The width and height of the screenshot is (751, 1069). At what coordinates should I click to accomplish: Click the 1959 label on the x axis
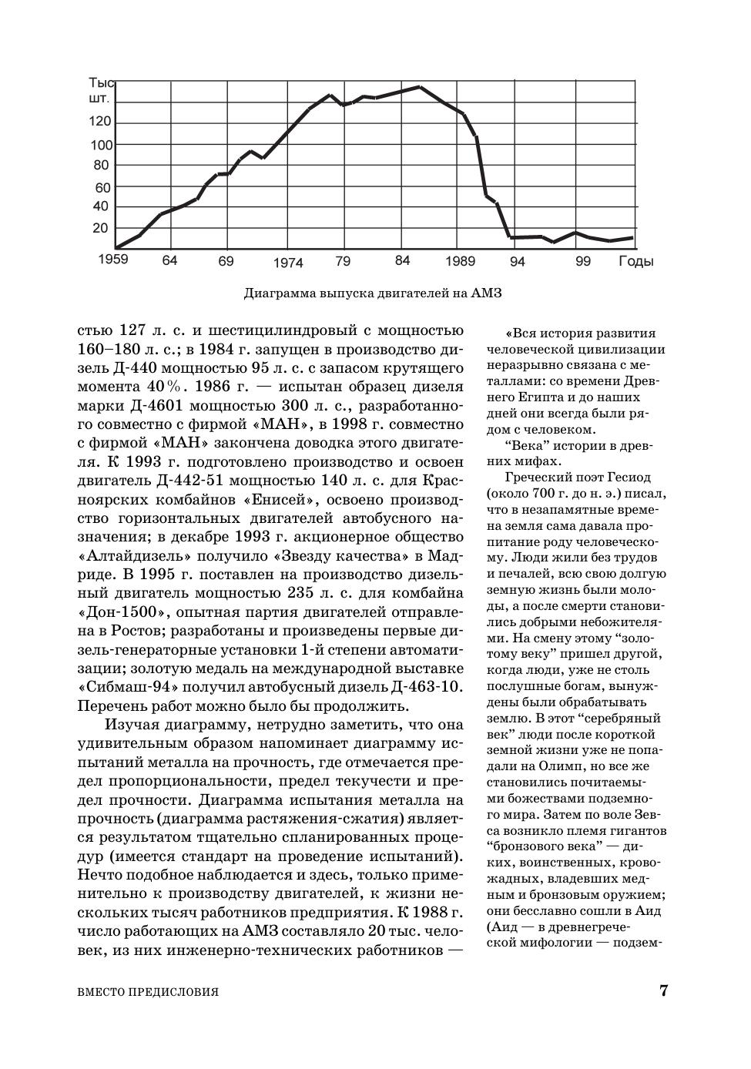pos(112,259)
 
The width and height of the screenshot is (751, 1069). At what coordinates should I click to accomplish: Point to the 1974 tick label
pos(288,263)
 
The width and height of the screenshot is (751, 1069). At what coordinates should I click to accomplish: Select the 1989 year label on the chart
pos(460,261)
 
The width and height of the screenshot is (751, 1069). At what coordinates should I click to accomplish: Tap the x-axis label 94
pos(517,262)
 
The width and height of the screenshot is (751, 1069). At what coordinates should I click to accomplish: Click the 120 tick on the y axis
pos(102,122)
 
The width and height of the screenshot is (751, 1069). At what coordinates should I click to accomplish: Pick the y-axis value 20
pos(100,228)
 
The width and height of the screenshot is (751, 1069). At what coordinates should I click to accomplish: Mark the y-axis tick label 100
pos(102,145)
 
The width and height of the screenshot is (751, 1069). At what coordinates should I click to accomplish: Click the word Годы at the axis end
pos(635,262)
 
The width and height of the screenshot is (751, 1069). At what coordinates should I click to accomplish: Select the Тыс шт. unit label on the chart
pos(101,91)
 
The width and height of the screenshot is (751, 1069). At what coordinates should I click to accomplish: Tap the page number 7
pos(663,990)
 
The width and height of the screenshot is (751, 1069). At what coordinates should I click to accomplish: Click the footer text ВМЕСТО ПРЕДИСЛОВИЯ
pos(149,992)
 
